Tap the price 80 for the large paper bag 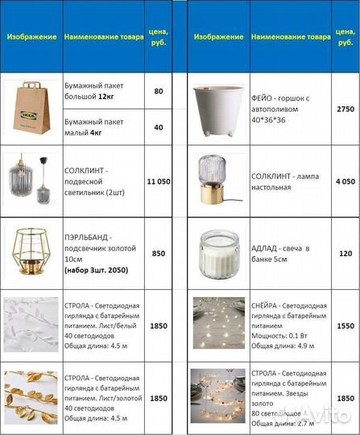158,91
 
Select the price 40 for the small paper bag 158,127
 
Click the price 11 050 158,182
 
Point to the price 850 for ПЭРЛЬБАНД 158,253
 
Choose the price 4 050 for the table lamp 345,182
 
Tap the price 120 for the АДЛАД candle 345,253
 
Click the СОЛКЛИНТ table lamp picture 219,182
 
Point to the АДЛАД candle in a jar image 219,253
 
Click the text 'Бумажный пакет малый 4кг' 96,127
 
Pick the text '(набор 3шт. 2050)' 94,271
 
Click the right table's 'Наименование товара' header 291,37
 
